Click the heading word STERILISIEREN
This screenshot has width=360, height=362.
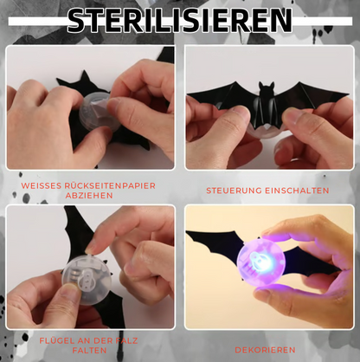click(x=180, y=20)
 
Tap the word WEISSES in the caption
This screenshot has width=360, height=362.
click(x=41, y=185)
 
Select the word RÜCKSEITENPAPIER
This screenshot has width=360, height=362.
click(x=110, y=185)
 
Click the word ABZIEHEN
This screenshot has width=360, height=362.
click(x=89, y=196)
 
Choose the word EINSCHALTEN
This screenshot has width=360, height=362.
click(x=297, y=191)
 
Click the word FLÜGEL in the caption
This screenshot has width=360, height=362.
click(x=54, y=340)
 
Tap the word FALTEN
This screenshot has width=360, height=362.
click(x=89, y=351)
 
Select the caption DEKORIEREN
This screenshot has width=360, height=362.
click(x=265, y=350)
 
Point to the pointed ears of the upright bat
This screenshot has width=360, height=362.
click(x=266, y=85)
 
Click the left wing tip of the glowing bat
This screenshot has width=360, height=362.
click(x=188, y=232)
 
